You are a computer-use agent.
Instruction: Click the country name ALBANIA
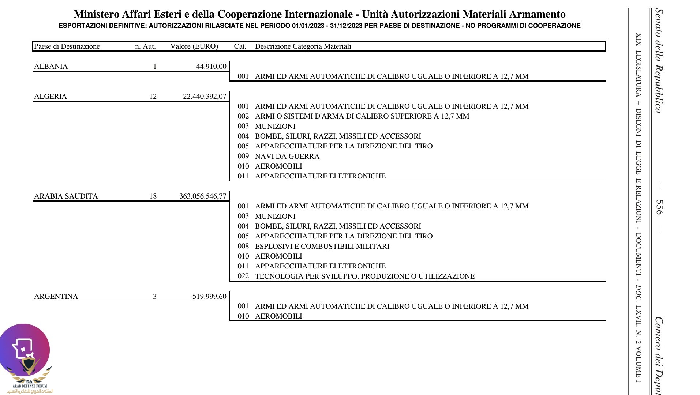click(51, 67)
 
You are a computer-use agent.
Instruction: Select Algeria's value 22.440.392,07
click(205, 97)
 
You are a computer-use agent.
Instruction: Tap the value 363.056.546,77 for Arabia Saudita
click(203, 196)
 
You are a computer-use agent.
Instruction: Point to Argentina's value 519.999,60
click(209, 297)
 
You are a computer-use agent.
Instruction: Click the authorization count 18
click(153, 196)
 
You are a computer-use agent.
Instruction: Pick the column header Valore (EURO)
click(194, 46)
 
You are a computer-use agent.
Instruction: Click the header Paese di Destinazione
click(67, 46)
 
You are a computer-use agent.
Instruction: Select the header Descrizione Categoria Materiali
click(303, 46)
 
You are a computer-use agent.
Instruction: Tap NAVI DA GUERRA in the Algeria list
click(287, 157)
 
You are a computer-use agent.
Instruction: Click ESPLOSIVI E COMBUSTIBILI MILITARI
click(322, 247)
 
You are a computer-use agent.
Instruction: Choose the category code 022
click(243, 276)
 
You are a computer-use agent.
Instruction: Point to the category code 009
click(243, 156)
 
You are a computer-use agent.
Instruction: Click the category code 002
click(243, 116)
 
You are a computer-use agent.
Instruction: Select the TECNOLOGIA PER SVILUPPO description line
click(364, 276)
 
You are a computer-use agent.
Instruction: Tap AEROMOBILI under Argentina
click(278, 316)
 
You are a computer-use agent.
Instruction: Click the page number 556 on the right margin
click(659, 207)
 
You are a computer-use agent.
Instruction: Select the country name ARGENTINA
click(56, 297)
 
